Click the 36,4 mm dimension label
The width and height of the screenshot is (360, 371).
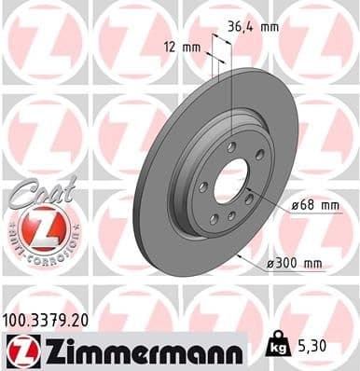[255, 27]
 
